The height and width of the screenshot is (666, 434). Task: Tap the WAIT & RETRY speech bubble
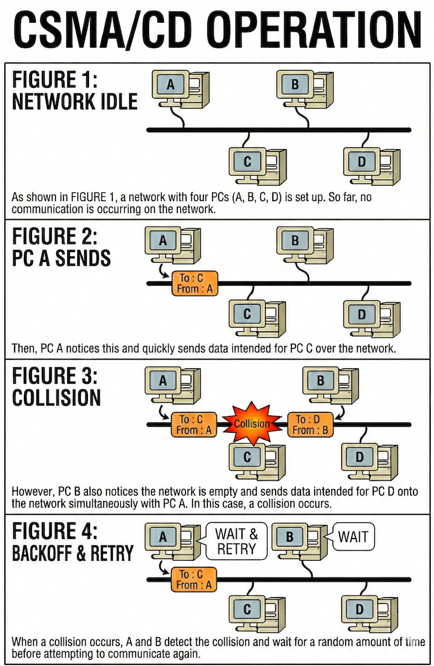click(237, 541)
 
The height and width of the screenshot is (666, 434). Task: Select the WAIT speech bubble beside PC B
click(353, 537)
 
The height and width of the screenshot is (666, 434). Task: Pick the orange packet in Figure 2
click(194, 284)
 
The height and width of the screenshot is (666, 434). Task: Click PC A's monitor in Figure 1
click(170, 85)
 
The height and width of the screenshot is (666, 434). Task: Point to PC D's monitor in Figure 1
click(362, 161)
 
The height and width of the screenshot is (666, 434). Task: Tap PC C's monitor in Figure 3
click(247, 457)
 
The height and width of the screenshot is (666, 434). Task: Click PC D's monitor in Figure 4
click(359, 609)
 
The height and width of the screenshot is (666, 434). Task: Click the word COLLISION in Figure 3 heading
click(56, 398)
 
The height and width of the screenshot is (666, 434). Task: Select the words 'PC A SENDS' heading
click(61, 258)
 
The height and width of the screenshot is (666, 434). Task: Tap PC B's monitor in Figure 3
click(320, 380)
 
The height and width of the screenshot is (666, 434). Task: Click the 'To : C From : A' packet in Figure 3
click(194, 425)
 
